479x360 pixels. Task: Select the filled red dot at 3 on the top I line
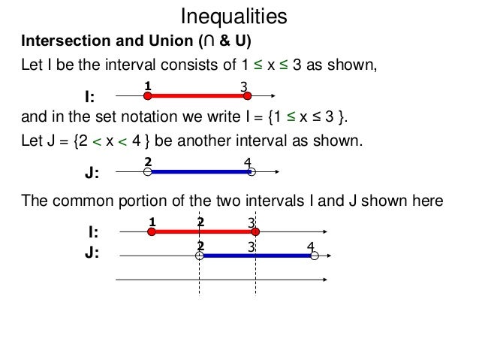click(246, 95)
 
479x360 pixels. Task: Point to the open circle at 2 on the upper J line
click(148, 172)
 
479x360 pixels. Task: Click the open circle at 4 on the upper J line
click(252, 172)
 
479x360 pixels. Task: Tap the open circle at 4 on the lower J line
click(315, 256)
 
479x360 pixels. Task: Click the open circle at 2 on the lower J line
click(200, 256)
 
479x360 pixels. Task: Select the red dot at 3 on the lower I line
click(256, 232)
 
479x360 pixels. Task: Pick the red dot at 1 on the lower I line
click(151, 232)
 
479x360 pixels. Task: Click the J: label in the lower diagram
click(91, 253)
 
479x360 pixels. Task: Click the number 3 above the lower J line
click(252, 247)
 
